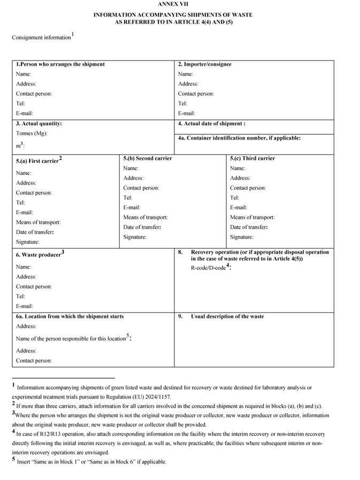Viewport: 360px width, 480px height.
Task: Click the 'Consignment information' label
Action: coord(41,37)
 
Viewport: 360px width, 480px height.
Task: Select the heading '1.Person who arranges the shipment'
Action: coord(60,64)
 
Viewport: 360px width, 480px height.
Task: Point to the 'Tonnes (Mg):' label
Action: coord(32,133)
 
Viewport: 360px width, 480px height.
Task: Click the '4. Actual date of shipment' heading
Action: coord(211,124)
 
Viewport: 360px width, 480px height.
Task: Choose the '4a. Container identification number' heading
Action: coord(239,138)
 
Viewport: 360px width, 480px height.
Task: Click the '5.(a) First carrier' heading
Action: coord(38,161)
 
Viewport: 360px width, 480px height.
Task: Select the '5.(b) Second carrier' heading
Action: coord(147,158)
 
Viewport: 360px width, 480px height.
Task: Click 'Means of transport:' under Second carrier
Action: coord(145,217)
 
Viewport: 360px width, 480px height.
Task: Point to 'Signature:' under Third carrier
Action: coord(242,237)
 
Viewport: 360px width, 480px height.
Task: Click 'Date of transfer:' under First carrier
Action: coord(35,232)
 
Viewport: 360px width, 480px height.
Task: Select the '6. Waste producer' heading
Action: coord(39,255)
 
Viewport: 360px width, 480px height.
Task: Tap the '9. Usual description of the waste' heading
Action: coord(227,316)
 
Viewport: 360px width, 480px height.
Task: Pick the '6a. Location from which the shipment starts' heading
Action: coord(70,316)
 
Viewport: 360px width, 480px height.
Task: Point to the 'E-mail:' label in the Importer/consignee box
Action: coord(187,113)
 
